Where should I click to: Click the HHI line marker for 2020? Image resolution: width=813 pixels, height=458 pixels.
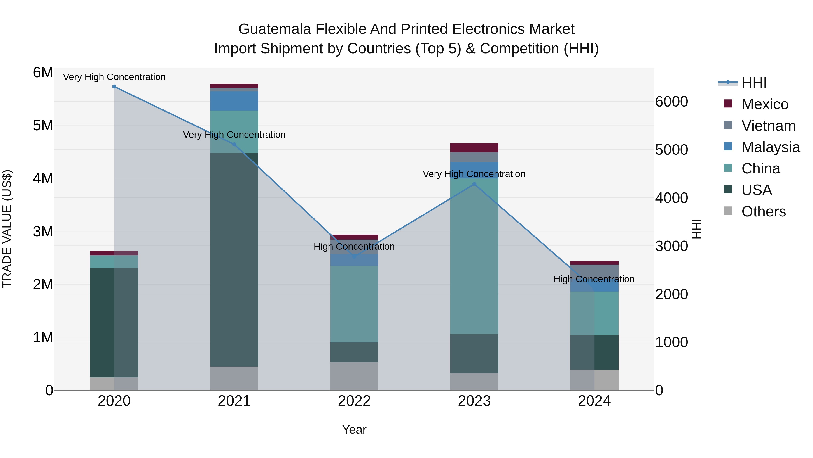click(x=114, y=87)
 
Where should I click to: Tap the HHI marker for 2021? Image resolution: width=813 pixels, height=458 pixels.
click(x=234, y=145)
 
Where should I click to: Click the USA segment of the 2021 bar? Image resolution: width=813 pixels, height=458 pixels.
click(x=234, y=259)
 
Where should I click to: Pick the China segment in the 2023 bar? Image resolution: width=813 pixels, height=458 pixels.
click(x=474, y=256)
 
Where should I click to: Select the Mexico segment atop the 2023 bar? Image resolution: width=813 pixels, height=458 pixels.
click(x=474, y=148)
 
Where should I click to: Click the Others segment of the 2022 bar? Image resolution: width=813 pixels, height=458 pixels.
click(x=354, y=376)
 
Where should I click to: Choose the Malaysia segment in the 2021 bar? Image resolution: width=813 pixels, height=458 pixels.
click(x=234, y=101)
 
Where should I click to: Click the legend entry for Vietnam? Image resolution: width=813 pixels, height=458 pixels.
click(x=768, y=126)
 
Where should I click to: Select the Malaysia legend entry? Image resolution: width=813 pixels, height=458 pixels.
click(x=770, y=147)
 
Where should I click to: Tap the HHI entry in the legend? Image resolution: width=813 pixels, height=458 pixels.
click(x=754, y=83)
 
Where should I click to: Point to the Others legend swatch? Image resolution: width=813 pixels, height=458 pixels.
click(x=728, y=211)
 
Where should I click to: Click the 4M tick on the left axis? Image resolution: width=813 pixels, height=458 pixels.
click(x=43, y=178)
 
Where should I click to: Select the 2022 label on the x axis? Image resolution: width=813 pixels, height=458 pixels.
click(x=354, y=401)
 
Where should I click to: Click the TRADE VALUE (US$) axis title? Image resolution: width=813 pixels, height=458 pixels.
click(x=7, y=229)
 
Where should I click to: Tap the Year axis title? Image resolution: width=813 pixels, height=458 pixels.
click(x=354, y=430)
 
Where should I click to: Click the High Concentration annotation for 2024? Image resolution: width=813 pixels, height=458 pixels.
click(x=594, y=279)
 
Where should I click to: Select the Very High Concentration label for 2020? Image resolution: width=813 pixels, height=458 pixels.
click(x=114, y=77)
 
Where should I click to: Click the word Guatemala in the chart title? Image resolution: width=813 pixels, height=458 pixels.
click(x=275, y=29)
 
